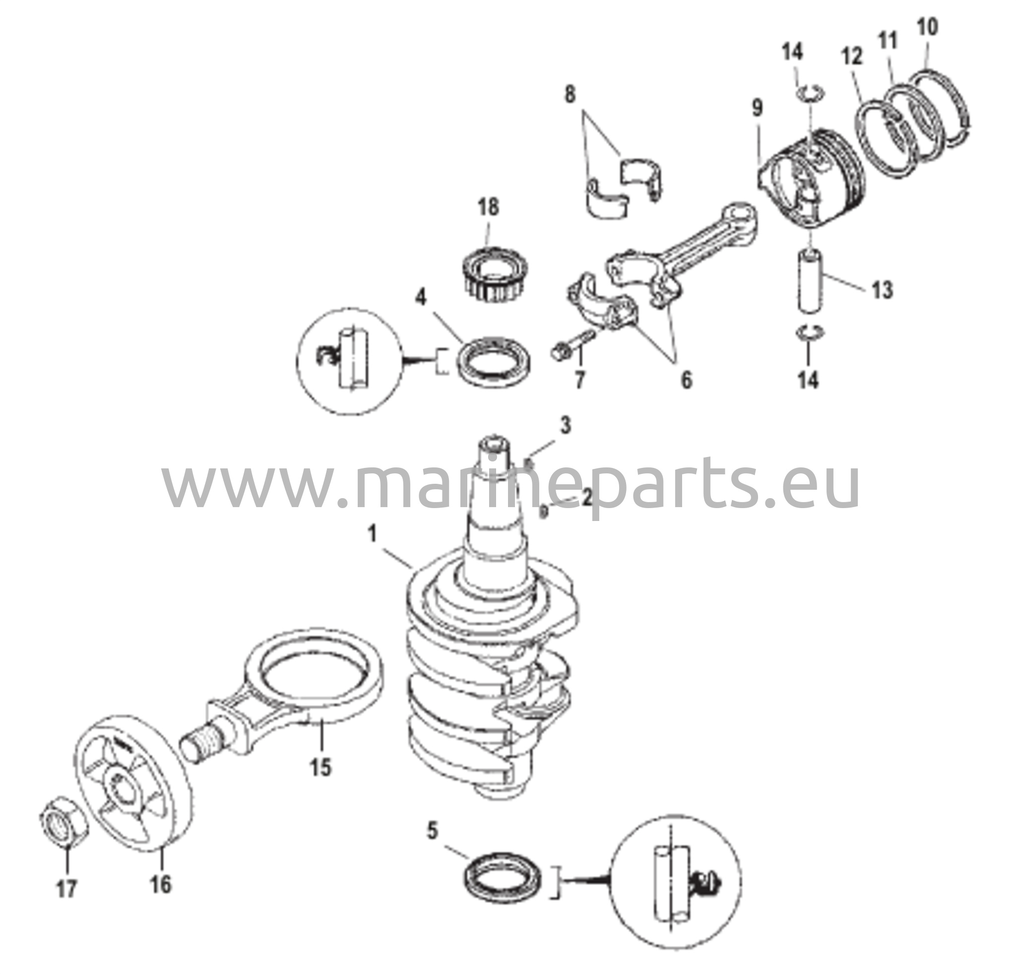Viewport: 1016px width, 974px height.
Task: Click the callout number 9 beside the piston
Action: click(x=758, y=108)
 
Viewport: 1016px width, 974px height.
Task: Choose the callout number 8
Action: click(x=570, y=95)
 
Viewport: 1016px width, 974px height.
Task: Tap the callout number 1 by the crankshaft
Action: click(x=372, y=534)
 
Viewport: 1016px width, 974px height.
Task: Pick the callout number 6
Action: click(x=686, y=381)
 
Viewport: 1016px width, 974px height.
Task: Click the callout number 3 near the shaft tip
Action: click(x=566, y=425)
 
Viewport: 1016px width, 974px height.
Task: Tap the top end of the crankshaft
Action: click(x=495, y=445)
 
